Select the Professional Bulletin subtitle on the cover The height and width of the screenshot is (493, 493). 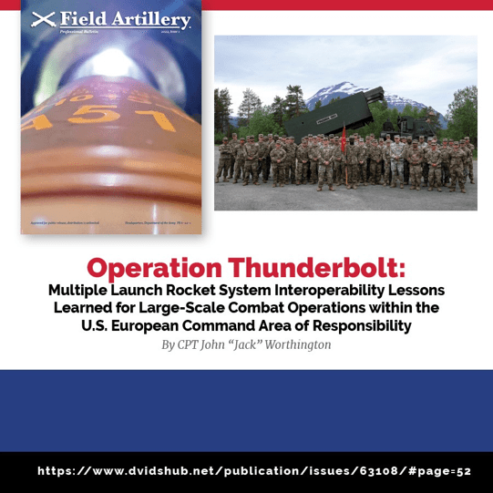pos(77,30)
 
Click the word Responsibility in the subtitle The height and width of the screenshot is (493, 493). pos(355,326)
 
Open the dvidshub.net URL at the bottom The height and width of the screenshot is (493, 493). pos(254,471)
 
